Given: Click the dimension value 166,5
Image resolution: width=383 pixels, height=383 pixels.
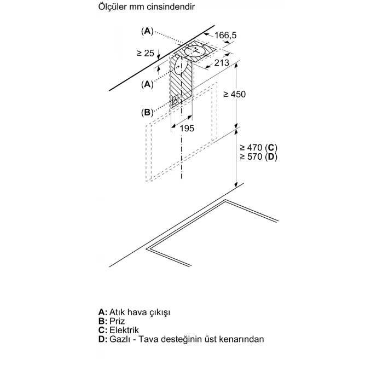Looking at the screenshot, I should (225, 36).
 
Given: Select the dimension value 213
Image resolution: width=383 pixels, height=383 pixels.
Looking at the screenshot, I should (222, 63).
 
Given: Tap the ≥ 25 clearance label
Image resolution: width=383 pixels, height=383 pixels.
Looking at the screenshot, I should (146, 54).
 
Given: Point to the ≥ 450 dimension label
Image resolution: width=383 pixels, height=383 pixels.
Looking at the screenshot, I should (235, 95).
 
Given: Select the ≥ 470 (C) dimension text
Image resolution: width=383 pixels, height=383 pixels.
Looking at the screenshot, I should (259, 147).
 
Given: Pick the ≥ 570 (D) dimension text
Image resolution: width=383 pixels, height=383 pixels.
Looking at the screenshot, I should (259, 157).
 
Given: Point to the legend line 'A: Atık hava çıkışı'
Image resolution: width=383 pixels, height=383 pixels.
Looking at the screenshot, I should (134, 312).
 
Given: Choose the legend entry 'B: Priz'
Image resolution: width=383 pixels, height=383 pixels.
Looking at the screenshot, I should (112, 321).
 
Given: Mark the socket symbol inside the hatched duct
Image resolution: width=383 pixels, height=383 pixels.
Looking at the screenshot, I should (177, 101).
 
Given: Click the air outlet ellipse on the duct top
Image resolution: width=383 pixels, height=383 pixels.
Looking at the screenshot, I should (195, 51).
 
